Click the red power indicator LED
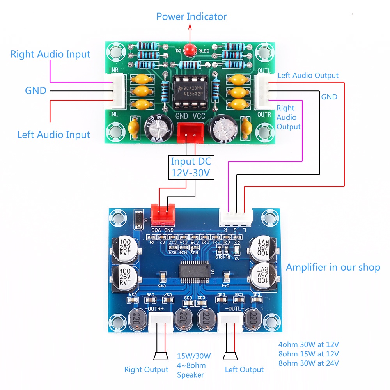(x=190, y=50)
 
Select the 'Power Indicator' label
(x=191, y=17)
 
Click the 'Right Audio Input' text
(x=50, y=54)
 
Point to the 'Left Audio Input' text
(x=53, y=135)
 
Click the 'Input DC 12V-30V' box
(x=191, y=167)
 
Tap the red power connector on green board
(x=190, y=131)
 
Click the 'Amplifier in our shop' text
(x=333, y=268)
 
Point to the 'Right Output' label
(x=146, y=369)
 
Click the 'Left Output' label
(x=244, y=369)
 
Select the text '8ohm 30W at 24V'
(x=308, y=363)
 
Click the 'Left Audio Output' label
(x=308, y=75)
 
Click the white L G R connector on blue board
(x=236, y=218)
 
